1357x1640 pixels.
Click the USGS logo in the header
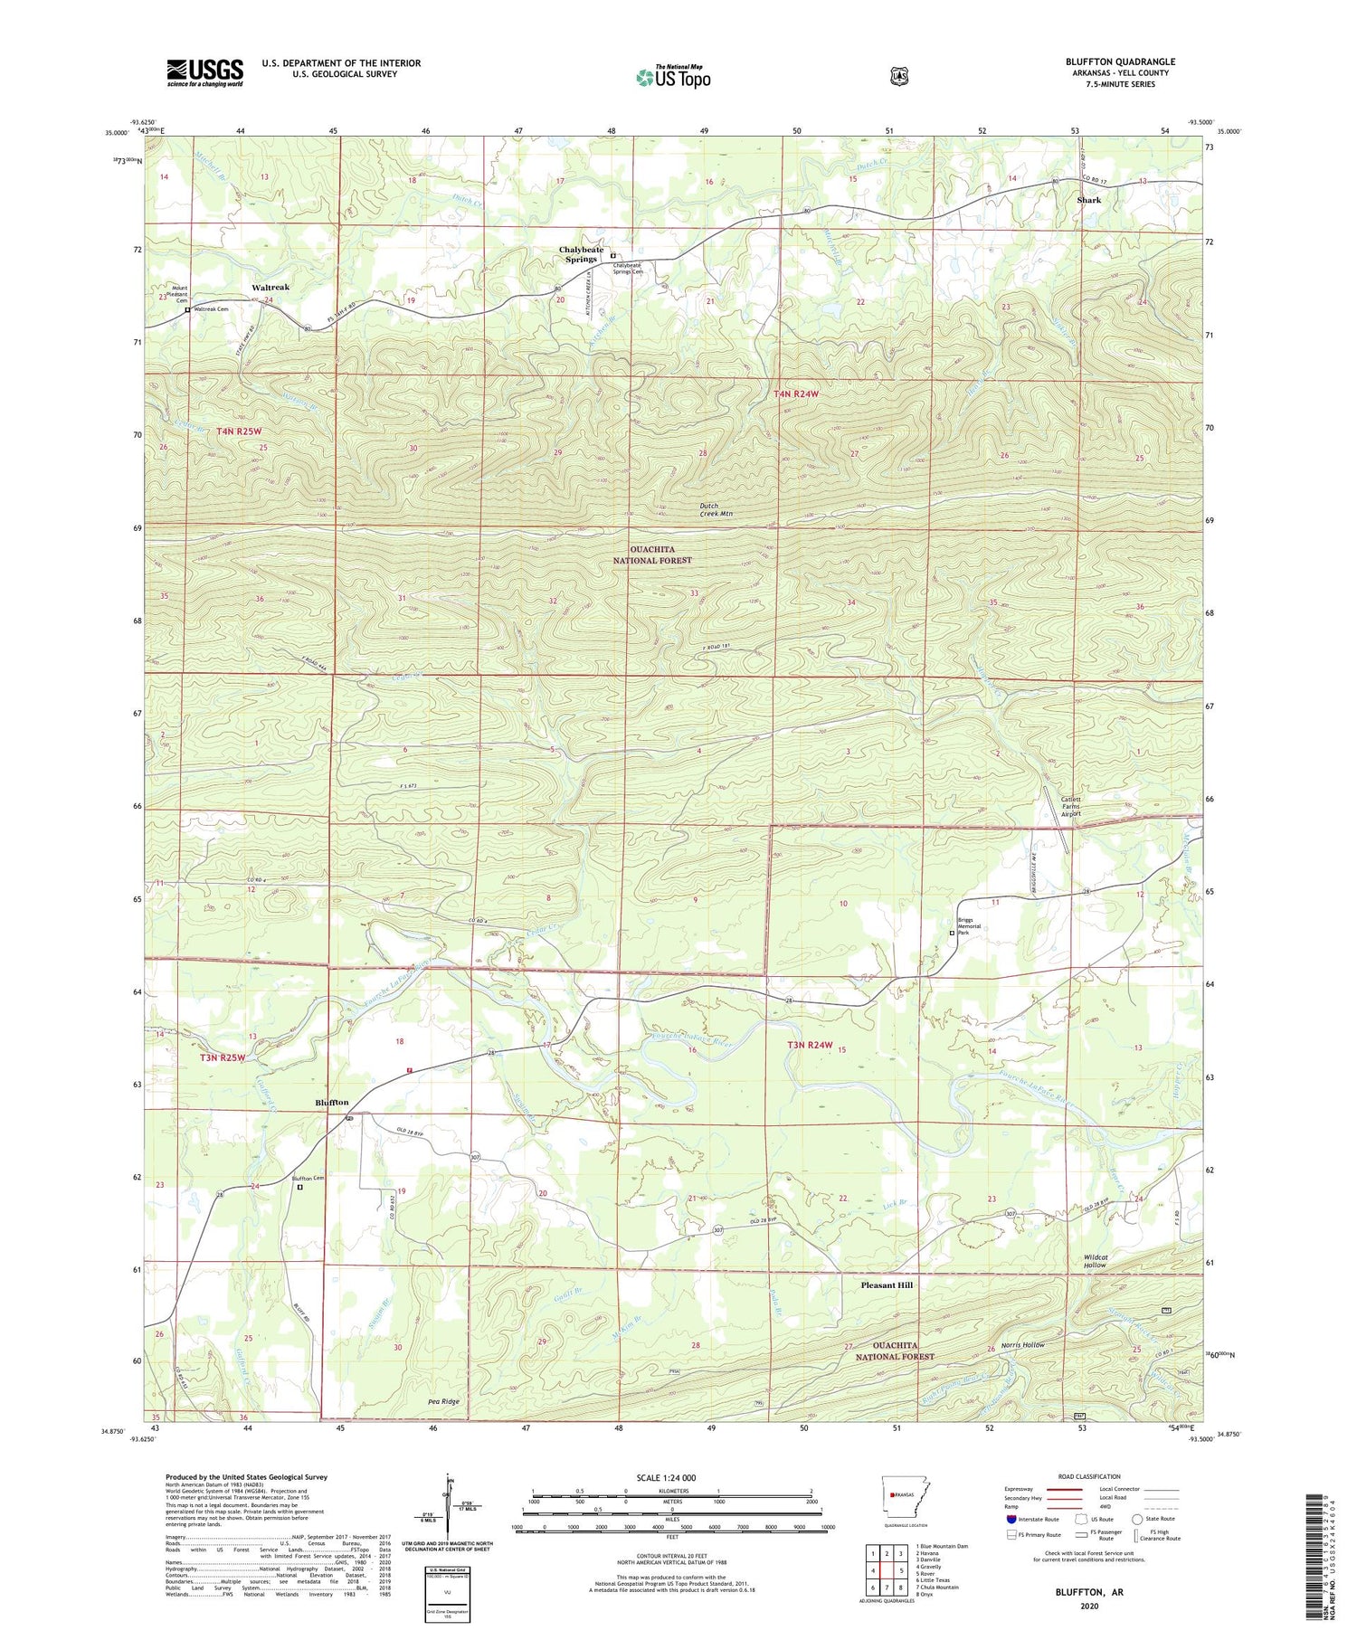point(204,72)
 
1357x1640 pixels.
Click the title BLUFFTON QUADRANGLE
point(1120,62)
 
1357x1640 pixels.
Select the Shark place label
point(1088,200)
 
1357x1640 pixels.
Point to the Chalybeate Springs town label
point(581,254)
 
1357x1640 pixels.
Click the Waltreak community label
point(270,287)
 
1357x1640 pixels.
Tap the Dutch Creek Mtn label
point(716,510)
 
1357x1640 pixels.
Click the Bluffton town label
point(332,1103)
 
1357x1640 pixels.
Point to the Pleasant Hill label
point(887,1285)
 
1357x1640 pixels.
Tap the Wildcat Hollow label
point(1095,1261)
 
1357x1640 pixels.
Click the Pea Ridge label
point(444,1401)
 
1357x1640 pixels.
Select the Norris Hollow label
point(1022,1345)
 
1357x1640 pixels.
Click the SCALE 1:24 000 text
point(671,1478)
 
